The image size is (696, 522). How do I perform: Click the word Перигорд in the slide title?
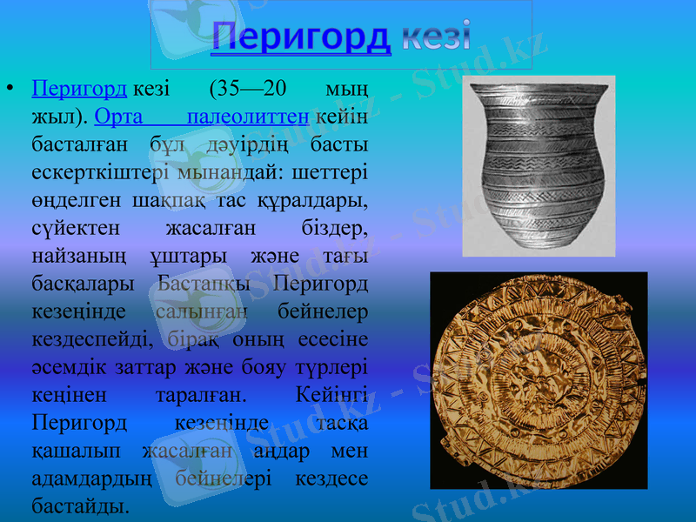[x=300, y=36]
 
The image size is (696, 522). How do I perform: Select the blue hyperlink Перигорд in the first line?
[x=79, y=90]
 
